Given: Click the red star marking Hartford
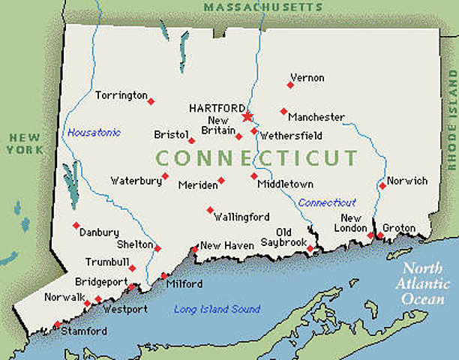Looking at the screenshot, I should pos(247,116).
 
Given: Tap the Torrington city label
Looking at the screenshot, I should pos(121,95).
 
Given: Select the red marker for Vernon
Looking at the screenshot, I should pos(290,85).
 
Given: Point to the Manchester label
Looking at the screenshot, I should pos(316,118).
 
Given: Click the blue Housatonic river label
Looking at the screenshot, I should pos(94,133).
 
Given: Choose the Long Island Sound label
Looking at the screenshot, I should pos(217,309).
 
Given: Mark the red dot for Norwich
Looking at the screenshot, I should pos(382,185).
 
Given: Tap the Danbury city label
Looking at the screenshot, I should pos(99,232).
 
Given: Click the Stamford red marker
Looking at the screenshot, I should pos(57,325).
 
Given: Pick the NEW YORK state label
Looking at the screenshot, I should pos(25,143).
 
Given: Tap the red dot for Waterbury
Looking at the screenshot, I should pos(165,176).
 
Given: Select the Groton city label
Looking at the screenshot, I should pos(398,228).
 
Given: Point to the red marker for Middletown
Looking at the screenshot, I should pos(254,176).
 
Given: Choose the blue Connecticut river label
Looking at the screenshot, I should pos(327,202).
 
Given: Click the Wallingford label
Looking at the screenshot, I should pos(241,217).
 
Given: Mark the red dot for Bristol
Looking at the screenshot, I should pos(191,140).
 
